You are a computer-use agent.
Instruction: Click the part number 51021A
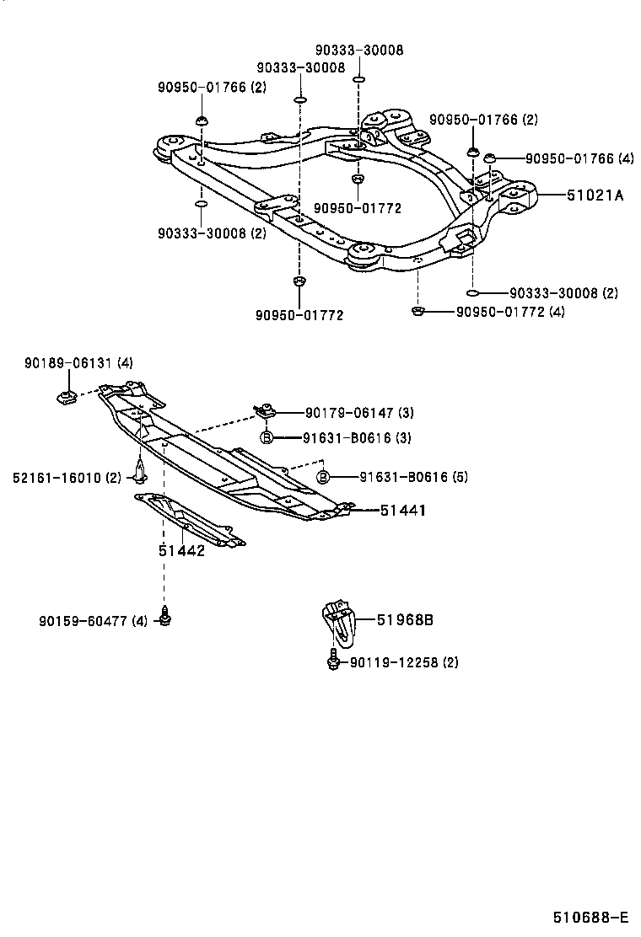(595, 195)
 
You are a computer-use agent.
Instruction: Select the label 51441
(402, 510)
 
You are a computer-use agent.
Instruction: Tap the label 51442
(181, 551)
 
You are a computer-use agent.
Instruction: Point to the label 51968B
(405, 621)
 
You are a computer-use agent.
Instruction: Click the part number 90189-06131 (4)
(78, 363)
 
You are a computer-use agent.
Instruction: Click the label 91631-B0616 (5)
(401, 477)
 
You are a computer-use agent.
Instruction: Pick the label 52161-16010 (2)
(67, 478)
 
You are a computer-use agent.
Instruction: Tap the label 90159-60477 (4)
(93, 621)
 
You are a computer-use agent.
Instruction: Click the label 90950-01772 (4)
(509, 313)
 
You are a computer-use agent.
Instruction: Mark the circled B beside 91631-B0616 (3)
(266, 437)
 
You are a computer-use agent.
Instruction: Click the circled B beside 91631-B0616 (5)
(323, 477)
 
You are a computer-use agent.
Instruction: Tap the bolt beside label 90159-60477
(165, 616)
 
